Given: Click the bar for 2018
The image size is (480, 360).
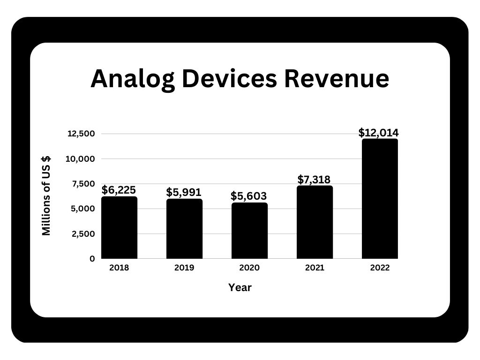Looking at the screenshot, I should click(x=119, y=228).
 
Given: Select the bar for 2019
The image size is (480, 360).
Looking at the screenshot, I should click(x=184, y=229).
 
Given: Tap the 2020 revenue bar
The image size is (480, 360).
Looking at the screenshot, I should click(x=249, y=231).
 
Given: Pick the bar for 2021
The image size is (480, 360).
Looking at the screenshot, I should click(x=315, y=222).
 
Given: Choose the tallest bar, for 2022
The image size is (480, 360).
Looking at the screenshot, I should click(x=380, y=199).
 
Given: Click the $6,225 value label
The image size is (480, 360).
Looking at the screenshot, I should click(x=119, y=190).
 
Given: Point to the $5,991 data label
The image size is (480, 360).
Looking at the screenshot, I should click(x=184, y=192).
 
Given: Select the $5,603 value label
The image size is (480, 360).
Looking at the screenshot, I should click(x=249, y=196).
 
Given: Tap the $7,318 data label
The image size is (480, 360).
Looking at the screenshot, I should click(x=314, y=179).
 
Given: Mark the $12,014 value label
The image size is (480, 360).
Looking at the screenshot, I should click(x=379, y=133).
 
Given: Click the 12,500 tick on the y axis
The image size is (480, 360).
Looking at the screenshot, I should click(x=82, y=134).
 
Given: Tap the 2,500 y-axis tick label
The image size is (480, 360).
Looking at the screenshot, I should click(x=83, y=233).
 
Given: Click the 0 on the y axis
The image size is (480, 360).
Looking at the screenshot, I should click(x=92, y=259).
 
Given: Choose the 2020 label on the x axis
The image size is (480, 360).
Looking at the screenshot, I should click(x=249, y=268).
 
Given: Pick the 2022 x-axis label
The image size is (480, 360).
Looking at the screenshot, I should click(x=380, y=268).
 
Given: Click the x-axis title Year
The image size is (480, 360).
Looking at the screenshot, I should click(x=240, y=287).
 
